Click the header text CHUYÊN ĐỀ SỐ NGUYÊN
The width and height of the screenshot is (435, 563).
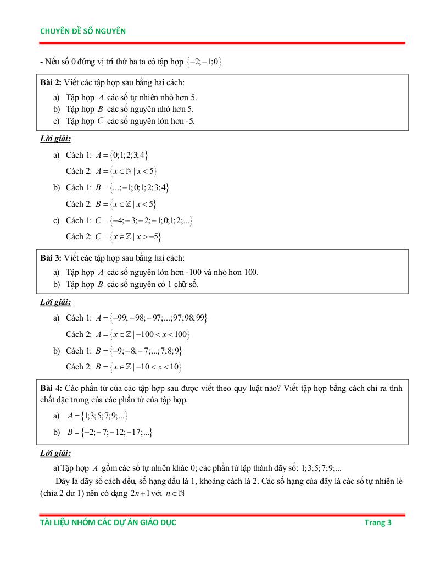83,31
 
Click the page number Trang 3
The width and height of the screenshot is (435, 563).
378,522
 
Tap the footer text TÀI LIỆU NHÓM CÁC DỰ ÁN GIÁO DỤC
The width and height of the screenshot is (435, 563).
108,522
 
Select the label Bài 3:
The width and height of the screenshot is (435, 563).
51,257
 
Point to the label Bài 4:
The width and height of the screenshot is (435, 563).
51,388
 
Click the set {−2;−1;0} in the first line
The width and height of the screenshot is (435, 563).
204,62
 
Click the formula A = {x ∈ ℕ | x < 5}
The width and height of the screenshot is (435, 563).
127,171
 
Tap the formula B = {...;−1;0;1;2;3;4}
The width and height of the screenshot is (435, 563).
132,187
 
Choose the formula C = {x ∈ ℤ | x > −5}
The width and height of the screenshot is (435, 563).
128,237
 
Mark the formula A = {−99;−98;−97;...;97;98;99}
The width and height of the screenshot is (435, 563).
151,318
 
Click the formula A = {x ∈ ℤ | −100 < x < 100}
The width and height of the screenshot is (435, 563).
143,334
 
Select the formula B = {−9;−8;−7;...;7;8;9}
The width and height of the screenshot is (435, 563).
139,351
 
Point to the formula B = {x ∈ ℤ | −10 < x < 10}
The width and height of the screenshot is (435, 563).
139,367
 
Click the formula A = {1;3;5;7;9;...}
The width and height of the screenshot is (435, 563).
98,416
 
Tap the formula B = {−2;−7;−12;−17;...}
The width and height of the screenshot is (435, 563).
110,433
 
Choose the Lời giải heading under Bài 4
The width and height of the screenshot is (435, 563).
55,454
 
